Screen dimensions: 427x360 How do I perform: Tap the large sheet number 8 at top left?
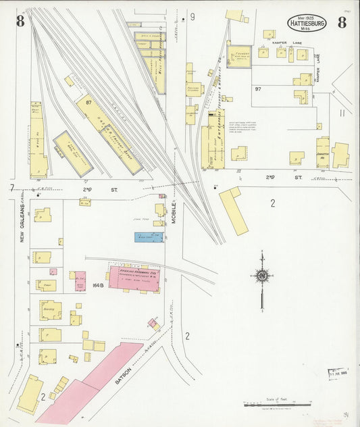click(21, 21)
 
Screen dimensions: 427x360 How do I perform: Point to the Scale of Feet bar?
click(277, 405)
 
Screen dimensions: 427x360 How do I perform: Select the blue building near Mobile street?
click(149, 237)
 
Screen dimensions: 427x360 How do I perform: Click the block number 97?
click(258, 89)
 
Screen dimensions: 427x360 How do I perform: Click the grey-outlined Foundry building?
click(239, 56)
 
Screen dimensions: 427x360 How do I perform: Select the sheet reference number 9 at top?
click(192, 17)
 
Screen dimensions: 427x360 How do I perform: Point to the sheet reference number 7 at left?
click(12, 186)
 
